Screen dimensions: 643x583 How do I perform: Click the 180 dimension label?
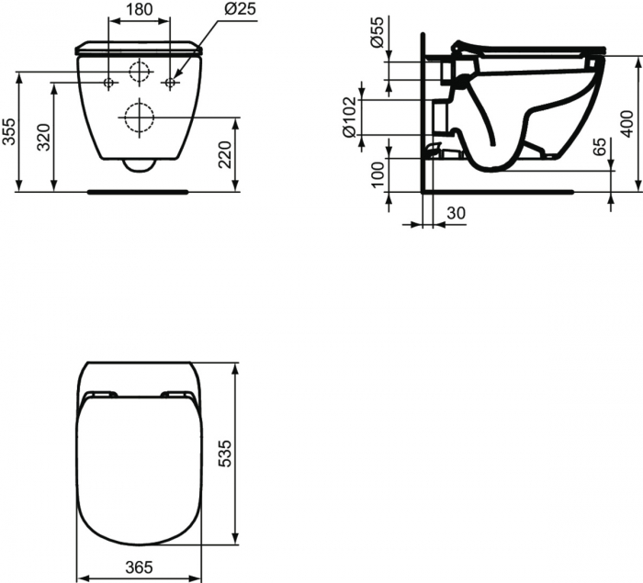click(x=139, y=9)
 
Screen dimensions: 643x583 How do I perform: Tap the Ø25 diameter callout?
click(x=240, y=8)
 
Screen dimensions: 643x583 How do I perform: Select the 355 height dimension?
click(x=9, y=131)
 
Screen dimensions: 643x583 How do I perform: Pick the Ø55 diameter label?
click(x=377, y=32)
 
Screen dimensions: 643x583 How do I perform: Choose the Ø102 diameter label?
click(x=349, y=118)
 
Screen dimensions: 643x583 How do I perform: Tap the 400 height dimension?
click(x=627, y=124)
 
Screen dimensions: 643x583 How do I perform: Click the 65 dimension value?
click(x=599, y=146)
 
